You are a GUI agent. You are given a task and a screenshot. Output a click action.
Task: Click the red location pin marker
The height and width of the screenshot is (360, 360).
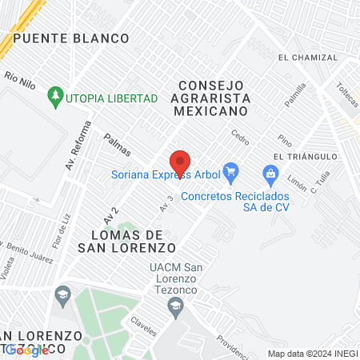[x=180, y=162]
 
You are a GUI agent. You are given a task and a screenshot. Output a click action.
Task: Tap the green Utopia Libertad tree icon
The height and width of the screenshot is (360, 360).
[x=55, y=97]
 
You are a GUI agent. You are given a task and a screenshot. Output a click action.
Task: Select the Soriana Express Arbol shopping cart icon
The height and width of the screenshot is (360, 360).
[x=231, y=170]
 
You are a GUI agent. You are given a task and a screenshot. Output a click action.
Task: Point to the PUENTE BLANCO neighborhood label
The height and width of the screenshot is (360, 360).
[x=70, y=38]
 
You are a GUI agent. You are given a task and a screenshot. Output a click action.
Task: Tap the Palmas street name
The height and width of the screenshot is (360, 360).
[x=117, y=145]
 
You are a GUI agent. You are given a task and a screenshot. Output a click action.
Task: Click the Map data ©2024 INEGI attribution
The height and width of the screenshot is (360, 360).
[x=311, y=353]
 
